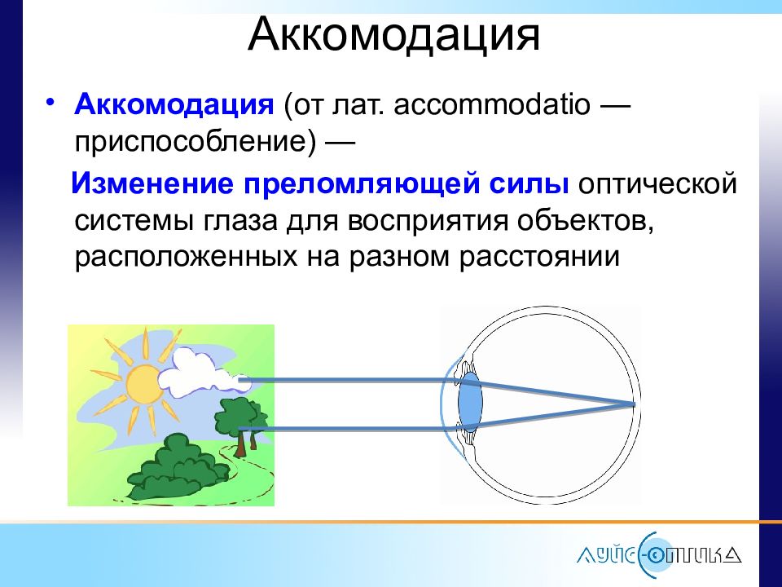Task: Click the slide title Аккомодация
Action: pos(393,35)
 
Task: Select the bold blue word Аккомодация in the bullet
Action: pos(174,105)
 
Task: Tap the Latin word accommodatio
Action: pos(492,105)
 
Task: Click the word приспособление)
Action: pos(195,142)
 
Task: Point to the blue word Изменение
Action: pos(152,183)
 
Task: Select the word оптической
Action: pos(657,183)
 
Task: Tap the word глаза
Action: pos(239,221)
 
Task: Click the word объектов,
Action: pos(585,221)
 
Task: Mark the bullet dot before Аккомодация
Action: pos(50,103)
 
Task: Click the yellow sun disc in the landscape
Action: pos(145,383)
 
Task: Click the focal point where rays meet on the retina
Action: pos(634,404)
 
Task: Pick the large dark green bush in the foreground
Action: pos(178,469)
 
